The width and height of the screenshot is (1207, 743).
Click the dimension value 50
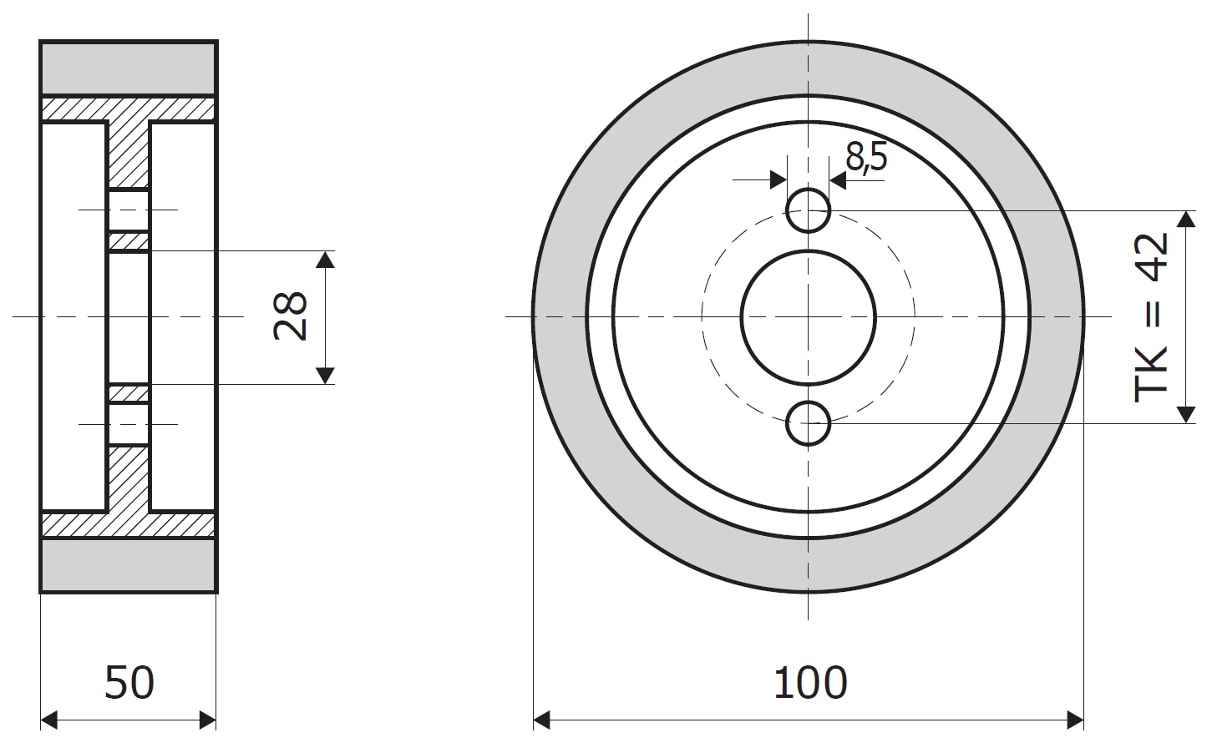(129, 682)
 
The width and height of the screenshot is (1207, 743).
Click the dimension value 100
(810, 682)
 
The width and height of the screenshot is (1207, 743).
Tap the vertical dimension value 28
(291, 316)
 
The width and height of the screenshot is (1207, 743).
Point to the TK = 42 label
(1151, 318)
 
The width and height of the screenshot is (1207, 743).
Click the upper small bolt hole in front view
(808, 210)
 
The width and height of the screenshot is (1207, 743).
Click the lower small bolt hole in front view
(808, 423)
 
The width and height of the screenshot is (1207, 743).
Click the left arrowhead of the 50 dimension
(49, 720)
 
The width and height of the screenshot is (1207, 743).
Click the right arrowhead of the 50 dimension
(207, 720)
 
